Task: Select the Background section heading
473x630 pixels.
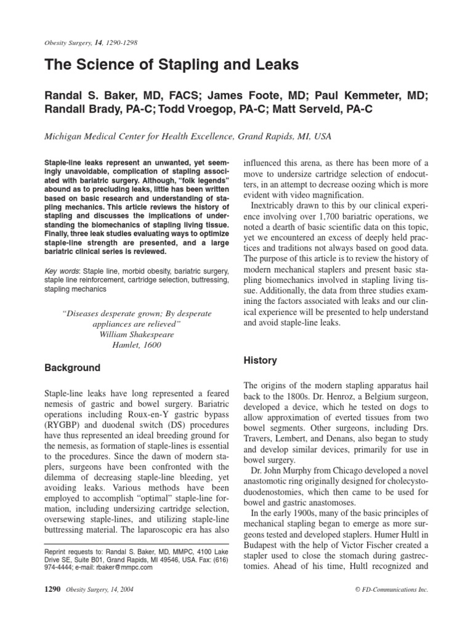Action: pos(72,368)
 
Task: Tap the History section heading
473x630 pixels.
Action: pos(261,361)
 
